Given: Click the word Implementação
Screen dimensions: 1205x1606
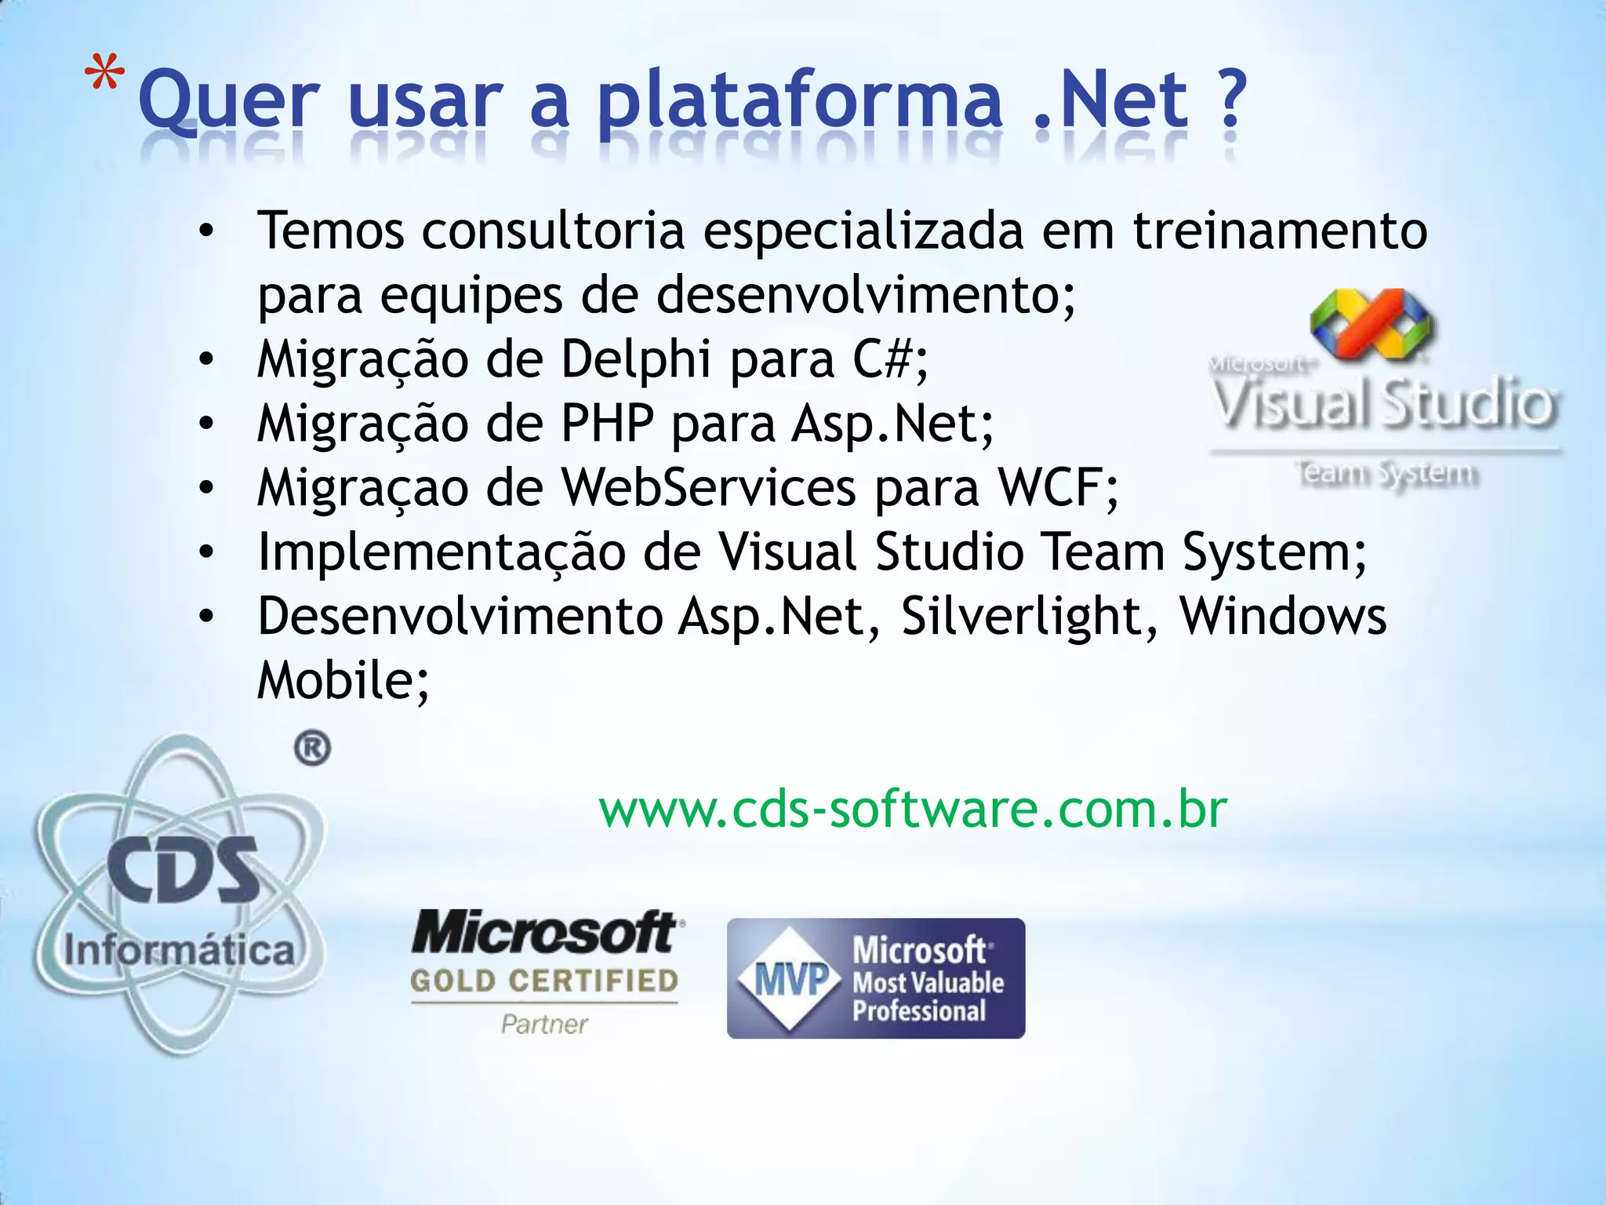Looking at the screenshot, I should pos(441,553).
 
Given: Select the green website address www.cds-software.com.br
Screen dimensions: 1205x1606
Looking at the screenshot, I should pos(912,810).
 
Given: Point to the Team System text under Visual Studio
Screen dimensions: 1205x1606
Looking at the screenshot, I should pos(1386,474).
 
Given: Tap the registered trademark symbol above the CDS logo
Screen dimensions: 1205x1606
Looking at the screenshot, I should pos(312,748).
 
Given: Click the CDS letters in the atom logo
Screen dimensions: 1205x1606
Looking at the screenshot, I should pos(181,870).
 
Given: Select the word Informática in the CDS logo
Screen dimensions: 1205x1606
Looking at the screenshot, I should pos(180,950).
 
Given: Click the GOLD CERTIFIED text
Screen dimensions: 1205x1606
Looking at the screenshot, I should pos(544,981).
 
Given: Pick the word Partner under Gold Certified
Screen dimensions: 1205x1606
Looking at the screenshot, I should pos(544,1024).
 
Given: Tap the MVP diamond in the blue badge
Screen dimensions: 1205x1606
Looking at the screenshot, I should pos(791,979).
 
